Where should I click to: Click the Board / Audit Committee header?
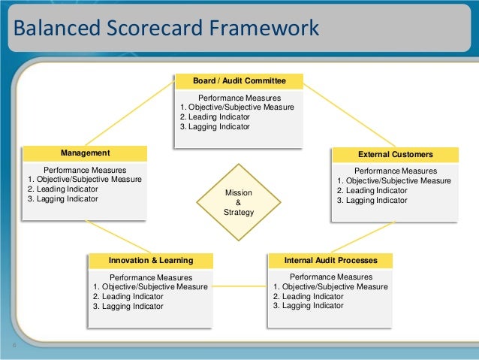click(238, 80)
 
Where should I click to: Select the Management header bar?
click(85, 153)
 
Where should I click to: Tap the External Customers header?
click(395, 154)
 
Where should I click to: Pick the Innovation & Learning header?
click(151, 260)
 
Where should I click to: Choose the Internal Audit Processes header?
click(331, 260)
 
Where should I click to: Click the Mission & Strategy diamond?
click(239, 202)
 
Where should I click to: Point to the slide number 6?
click(14, 346)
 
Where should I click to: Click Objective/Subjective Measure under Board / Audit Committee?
click(242, 107)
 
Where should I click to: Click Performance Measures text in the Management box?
click(85, 170)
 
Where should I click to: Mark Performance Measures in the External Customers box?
click(395, 171)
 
